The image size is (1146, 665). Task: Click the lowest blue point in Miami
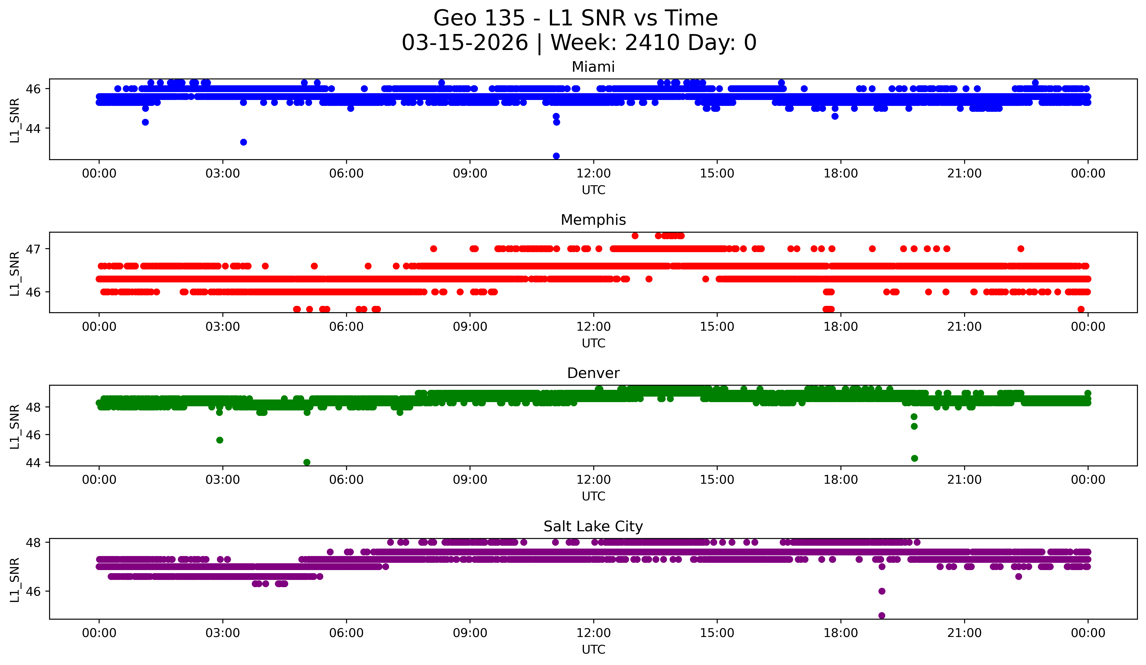click(556, 156)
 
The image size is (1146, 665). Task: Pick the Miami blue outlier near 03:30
click(243, 142)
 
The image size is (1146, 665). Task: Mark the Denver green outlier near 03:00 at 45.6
click(220, 440)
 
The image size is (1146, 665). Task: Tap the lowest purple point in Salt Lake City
click(881, 615)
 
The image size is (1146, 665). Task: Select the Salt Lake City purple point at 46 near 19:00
click(881, 591)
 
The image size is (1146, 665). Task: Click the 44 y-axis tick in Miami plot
click(33, 129)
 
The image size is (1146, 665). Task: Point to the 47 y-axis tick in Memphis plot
click(33, 249)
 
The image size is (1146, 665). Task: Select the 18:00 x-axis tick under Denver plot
click(840, 480)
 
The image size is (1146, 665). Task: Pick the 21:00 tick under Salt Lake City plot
click(964, 633)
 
